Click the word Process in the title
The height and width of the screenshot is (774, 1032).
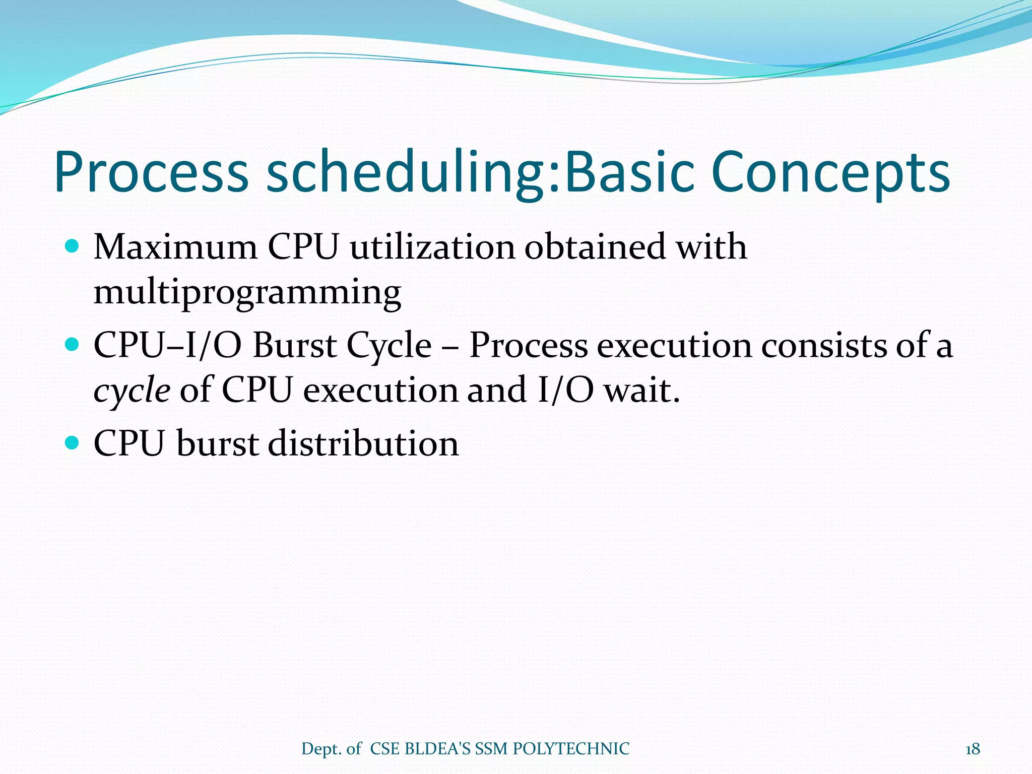coord(151,172)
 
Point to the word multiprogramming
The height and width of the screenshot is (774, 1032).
coord(247,292)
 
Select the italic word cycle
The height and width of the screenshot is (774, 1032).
coord(132,391)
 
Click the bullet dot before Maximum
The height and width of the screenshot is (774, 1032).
coord(73,246)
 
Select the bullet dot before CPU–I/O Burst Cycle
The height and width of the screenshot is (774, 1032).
coord(73,345)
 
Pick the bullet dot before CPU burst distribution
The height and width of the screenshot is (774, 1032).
coord(73,443)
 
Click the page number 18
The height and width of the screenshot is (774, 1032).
coord(973,749)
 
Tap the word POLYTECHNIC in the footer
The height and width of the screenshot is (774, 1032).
coord(571,749)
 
